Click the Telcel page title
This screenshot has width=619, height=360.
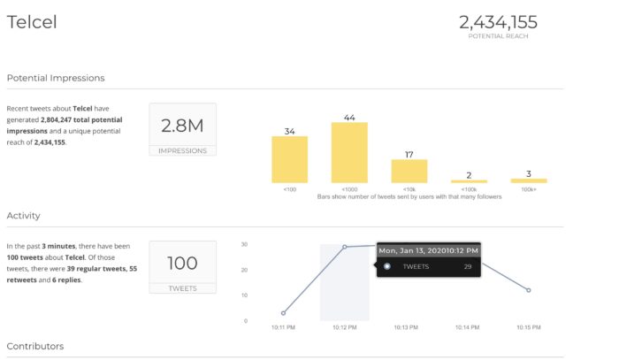(32, 22)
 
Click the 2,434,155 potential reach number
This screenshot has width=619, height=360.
(498, 22)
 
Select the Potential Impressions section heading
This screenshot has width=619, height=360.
(56, 79)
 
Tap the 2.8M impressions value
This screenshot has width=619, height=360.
(182, 126)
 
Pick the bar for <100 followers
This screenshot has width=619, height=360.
(289, 159)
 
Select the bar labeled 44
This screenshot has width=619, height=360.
(348, 152)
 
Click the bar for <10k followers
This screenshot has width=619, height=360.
(409, 171)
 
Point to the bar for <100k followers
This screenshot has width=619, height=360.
(469, 180)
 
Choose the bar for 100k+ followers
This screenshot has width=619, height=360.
(529, 180)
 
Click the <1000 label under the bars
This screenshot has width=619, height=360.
(348, 189)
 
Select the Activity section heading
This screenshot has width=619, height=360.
(24, 215)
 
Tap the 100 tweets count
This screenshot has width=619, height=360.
(182, 263)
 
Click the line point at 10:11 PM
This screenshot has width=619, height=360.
(283, 313)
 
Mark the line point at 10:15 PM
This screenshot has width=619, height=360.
(528, 290)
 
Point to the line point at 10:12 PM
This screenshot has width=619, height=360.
(344, 247)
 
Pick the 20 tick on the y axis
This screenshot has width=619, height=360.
(244, 270)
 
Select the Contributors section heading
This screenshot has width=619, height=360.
(35, 346)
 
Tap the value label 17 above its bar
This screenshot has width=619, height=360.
(409, 154)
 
